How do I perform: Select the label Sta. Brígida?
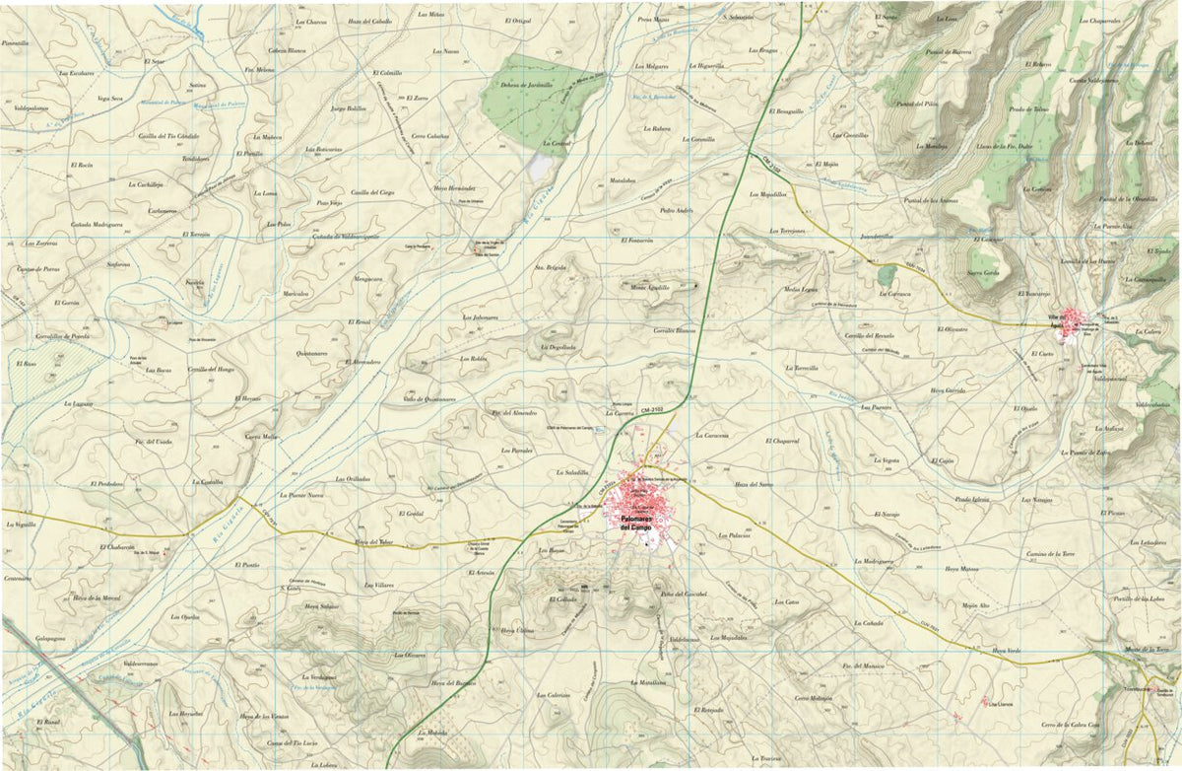(x=551, y=267)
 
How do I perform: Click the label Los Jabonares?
(x=481, y=317)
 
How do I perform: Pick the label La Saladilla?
(x=571, y=472)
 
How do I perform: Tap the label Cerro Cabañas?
(x=430, y=136)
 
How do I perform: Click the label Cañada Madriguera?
(x=96, y=225)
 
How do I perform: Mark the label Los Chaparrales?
(x=1099, y=21)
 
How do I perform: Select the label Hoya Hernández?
(x=454, y=187)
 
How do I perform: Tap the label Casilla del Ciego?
(x=373, y=192)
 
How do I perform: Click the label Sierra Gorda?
(x=983, y=272)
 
